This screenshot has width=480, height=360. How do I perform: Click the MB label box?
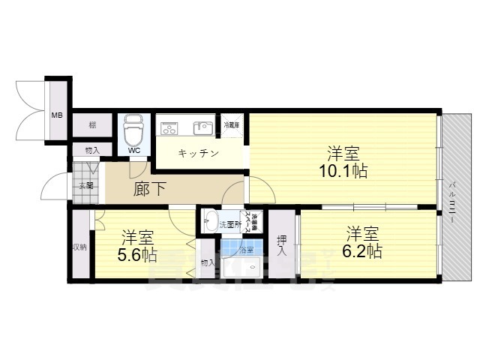[56, 115]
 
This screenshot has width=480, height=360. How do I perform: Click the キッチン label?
[198, 154]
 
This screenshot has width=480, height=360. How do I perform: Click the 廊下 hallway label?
[150, 188]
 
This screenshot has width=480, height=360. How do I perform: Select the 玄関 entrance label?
[82, 185]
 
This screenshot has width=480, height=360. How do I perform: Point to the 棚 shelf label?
[91, 125]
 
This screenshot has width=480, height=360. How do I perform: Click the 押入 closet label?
[281, 245]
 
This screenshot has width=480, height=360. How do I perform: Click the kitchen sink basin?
[202, 127]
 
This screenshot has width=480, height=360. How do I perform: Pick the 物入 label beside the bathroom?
[208, 262]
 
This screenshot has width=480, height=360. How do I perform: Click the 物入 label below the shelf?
[91, 150]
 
